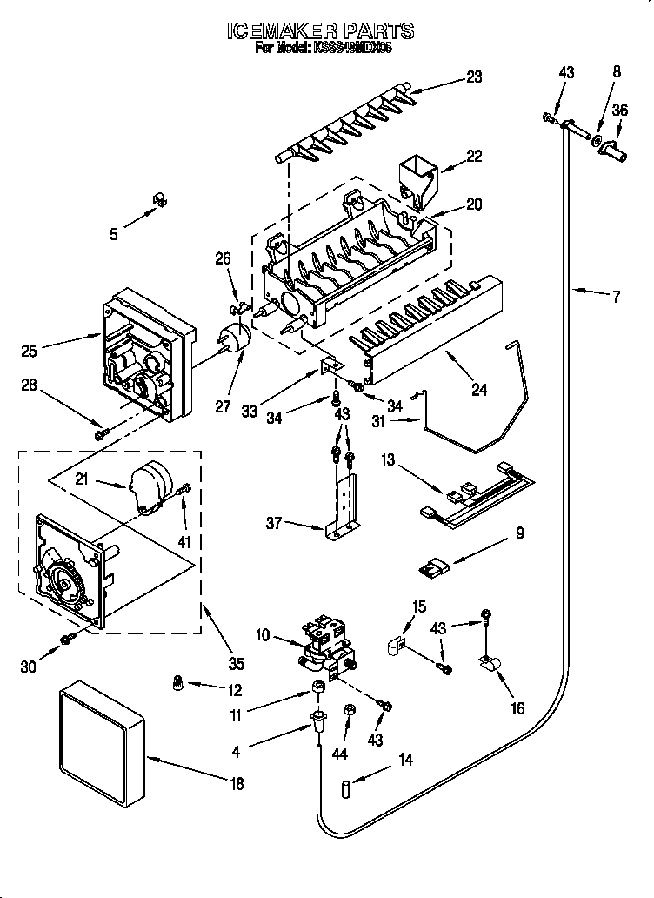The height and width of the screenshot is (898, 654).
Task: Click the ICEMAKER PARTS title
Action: click(x=320, y=31)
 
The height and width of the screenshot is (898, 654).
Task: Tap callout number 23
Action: click(x=473, y=77)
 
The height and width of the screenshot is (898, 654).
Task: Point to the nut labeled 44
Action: click(x=349, y=711)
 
